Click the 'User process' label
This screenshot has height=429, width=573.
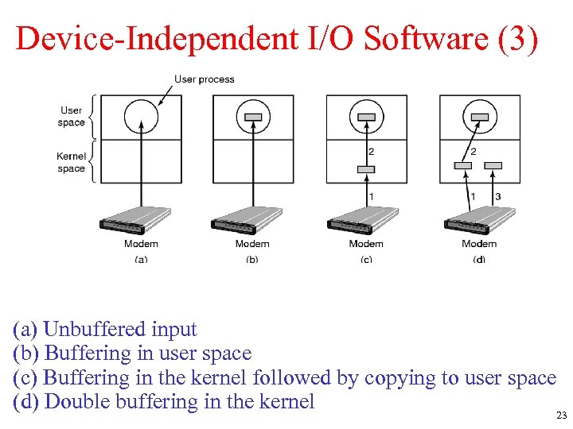(x=205, y=79)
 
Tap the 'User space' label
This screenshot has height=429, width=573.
(x=72, y=117)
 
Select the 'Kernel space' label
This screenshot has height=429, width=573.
(x=72, y=162)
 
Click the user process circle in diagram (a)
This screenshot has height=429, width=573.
(x=141, y=117)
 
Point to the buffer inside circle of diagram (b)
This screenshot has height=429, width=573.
(x=253, y=117)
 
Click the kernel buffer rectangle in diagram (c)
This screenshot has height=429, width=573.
(x=366, y=168)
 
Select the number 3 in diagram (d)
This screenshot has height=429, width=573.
(x=497, y=196)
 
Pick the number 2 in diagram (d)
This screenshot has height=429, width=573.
(x=475, y=151)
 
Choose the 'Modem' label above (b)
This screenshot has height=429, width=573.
(x=252, y=244)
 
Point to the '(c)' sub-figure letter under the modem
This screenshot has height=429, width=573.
(x=366, y=259)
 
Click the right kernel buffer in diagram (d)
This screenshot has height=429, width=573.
(x=493, y=165)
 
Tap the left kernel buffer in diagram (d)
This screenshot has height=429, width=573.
(x=462, y=165)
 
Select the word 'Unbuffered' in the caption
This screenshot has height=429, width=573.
(x=119, y=329)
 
